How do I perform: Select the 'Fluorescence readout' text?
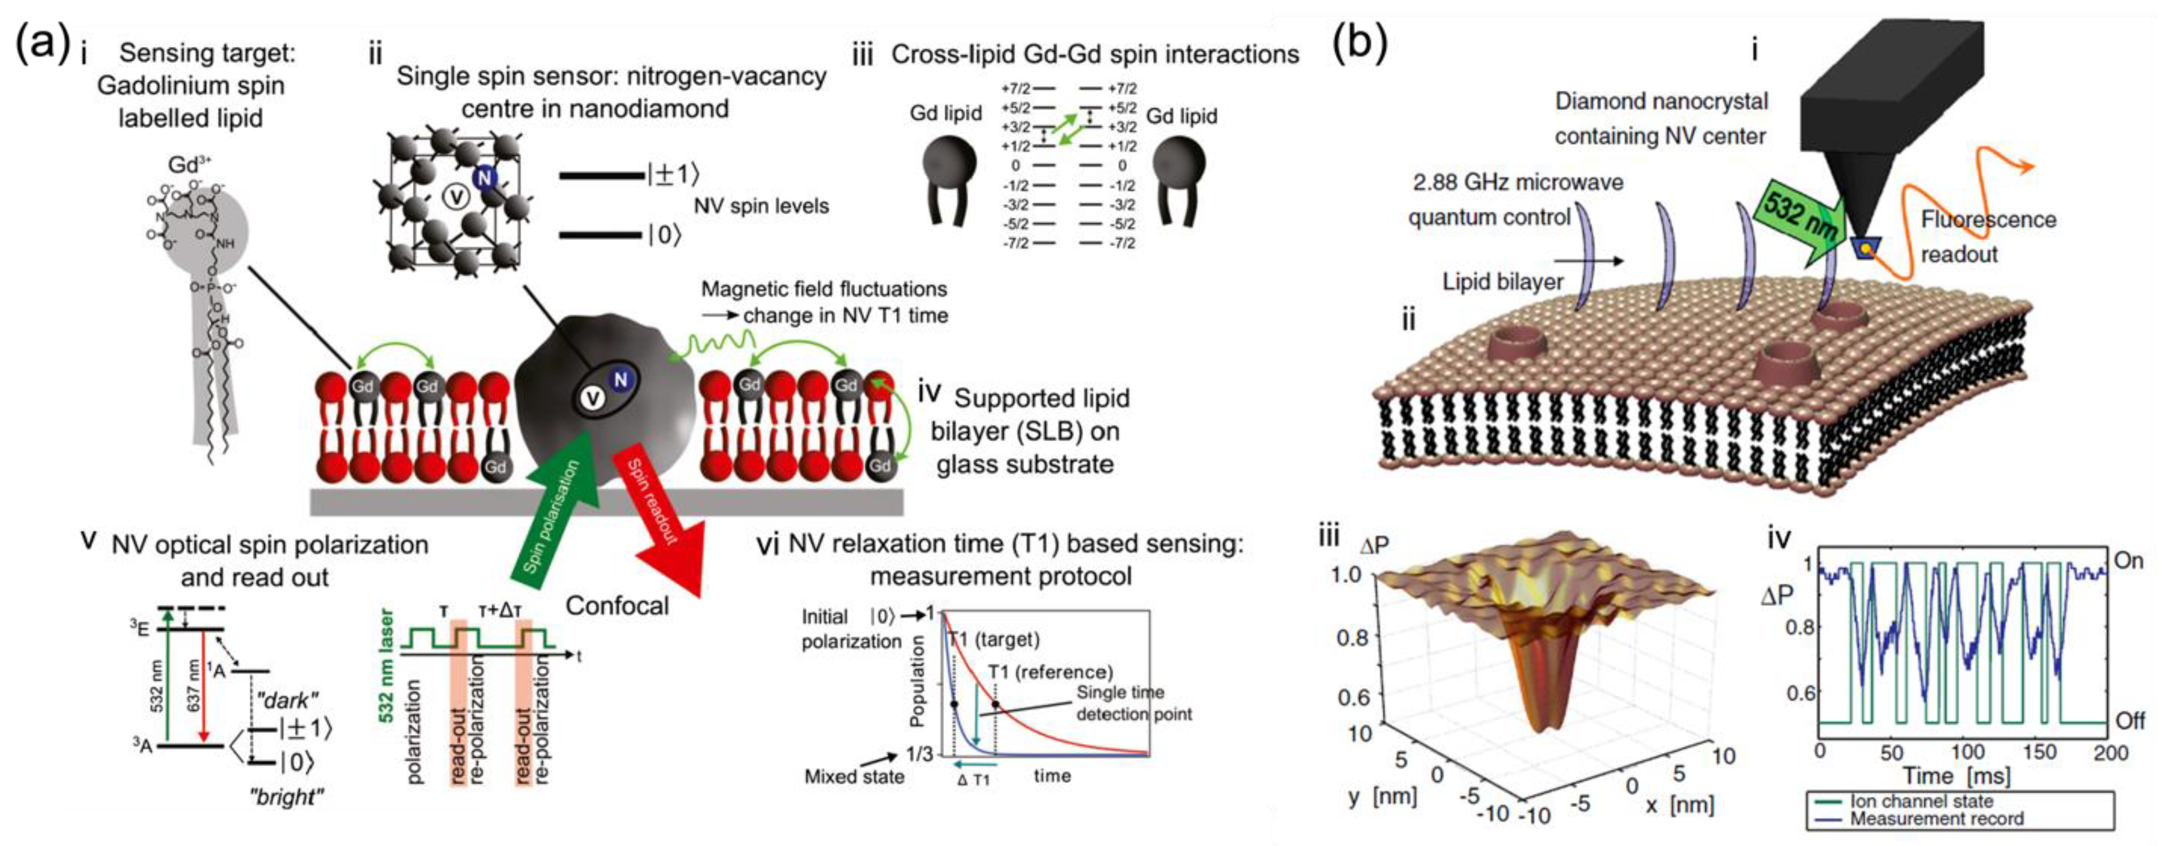(1988, 237)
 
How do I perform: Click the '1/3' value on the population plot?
(919, 754)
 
